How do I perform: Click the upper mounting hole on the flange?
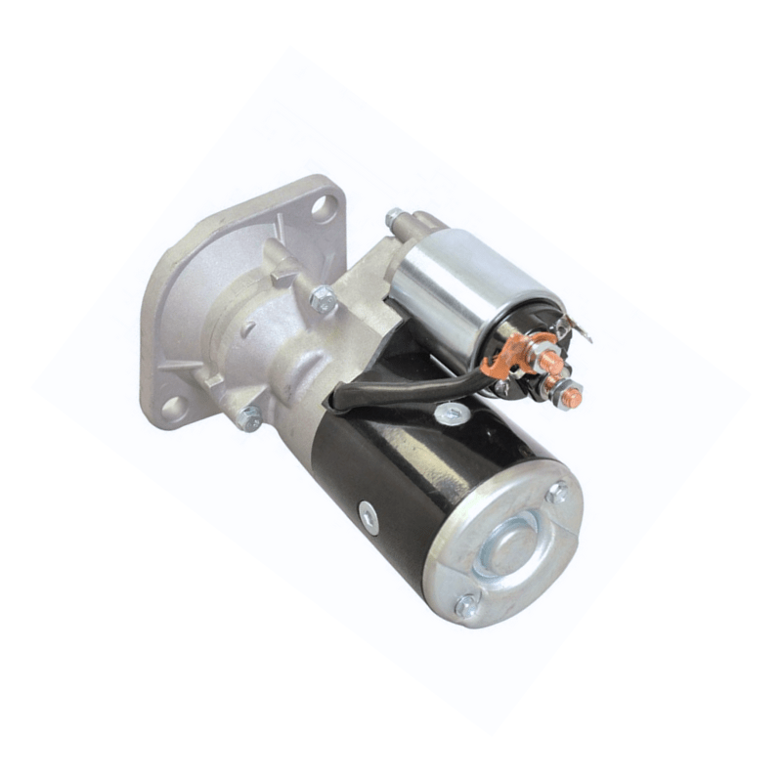pos(323,207)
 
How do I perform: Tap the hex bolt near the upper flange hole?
pos(324,299)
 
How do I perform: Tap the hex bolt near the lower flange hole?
pos(249,418)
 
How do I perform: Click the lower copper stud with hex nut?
pos(570,396)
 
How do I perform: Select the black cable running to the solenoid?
pos(411,386)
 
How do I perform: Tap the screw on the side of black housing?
pos(369,516)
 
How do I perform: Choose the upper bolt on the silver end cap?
pos(557,492)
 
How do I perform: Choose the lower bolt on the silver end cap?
pos(467,606)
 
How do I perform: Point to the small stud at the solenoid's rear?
pos(393,217)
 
